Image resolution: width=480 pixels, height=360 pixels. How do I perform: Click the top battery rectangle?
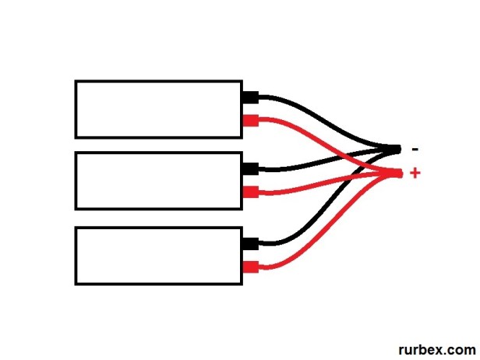[158, 109]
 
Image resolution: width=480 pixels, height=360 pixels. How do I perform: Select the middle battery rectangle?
[158, 181]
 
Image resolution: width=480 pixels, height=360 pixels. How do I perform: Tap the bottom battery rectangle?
[158, 256]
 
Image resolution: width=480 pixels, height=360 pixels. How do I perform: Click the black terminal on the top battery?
[250, 97]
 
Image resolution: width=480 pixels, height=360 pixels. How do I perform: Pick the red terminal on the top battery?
[250, 122]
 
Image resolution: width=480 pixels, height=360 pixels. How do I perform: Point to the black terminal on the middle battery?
[250, 168]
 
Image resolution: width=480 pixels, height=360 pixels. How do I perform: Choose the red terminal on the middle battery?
[250, 192]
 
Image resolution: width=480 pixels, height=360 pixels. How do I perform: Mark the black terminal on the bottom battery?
[250, 244]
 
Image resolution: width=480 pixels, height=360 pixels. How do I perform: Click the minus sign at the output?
[415, 149]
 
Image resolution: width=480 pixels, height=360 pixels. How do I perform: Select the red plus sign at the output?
[415, 173]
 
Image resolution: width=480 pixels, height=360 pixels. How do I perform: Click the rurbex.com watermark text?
[437, 350]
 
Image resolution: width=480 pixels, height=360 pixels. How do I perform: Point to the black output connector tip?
[397, 148]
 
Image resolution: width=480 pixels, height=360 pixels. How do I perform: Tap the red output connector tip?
[398, 173]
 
